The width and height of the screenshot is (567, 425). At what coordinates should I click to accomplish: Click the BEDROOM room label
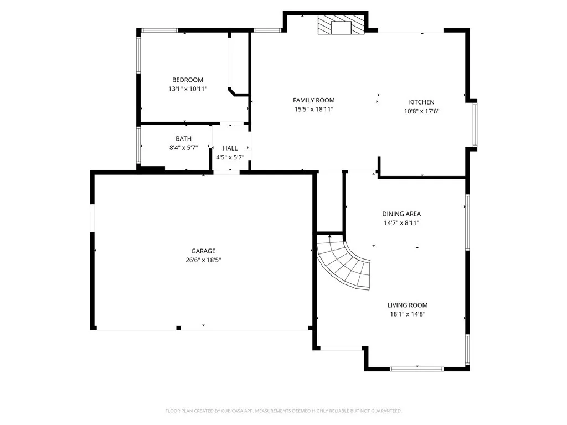coord(187,80)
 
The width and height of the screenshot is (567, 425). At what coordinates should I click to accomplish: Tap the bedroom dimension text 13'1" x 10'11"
coord(187,89)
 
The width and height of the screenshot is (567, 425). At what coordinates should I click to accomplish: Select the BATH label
coord(183,138)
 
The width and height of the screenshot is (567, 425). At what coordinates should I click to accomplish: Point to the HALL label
coord(230,148)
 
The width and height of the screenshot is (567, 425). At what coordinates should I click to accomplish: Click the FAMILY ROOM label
coord(313,100)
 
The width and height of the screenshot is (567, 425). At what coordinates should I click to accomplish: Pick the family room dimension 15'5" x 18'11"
coord(313,109)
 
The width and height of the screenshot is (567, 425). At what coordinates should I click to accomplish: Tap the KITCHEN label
coord(421,102)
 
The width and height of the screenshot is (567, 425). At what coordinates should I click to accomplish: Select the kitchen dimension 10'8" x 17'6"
coord(421,111)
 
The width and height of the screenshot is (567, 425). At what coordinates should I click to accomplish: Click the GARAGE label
coord(204,251)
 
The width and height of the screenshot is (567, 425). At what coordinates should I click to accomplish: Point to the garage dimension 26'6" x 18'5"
coord(204,260)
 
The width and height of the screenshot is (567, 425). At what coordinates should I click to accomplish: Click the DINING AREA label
coord(401,214)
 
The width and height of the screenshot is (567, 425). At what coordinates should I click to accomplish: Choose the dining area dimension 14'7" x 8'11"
coord(401,222)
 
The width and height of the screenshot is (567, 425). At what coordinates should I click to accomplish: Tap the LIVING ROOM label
coord(407,305)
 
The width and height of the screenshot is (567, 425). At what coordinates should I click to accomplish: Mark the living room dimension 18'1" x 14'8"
coord(407,314)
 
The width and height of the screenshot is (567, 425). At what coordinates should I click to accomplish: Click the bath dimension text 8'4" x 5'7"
coord(183,147)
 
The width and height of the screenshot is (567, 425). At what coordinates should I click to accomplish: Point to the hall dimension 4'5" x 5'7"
coord(230,157)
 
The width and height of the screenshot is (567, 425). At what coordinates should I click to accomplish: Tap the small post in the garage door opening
coord(178,328)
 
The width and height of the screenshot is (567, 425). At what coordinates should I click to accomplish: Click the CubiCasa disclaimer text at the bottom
coord(283,411)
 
